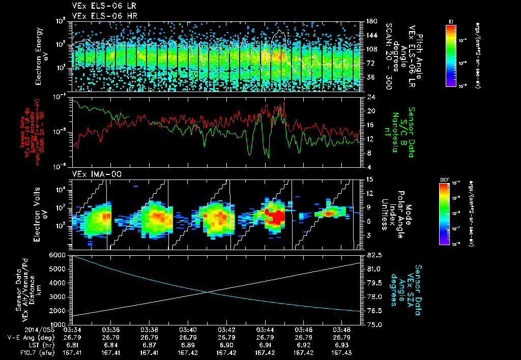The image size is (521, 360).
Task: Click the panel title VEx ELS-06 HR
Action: point(100,16)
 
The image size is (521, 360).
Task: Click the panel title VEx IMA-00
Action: point(93,174)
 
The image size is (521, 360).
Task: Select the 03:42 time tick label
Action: point(226,329)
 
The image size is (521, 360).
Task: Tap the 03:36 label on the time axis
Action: point(111,329)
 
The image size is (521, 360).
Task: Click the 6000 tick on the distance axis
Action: point(57,255)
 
